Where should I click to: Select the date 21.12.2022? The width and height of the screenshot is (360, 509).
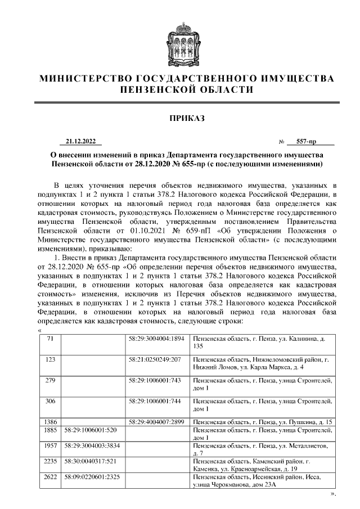click(80, 141)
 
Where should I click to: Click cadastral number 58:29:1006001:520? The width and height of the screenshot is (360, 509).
click(91, 430)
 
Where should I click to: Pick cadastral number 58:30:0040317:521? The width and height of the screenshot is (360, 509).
click(91, 461)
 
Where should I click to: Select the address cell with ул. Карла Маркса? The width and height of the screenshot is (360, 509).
click(262, 363)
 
